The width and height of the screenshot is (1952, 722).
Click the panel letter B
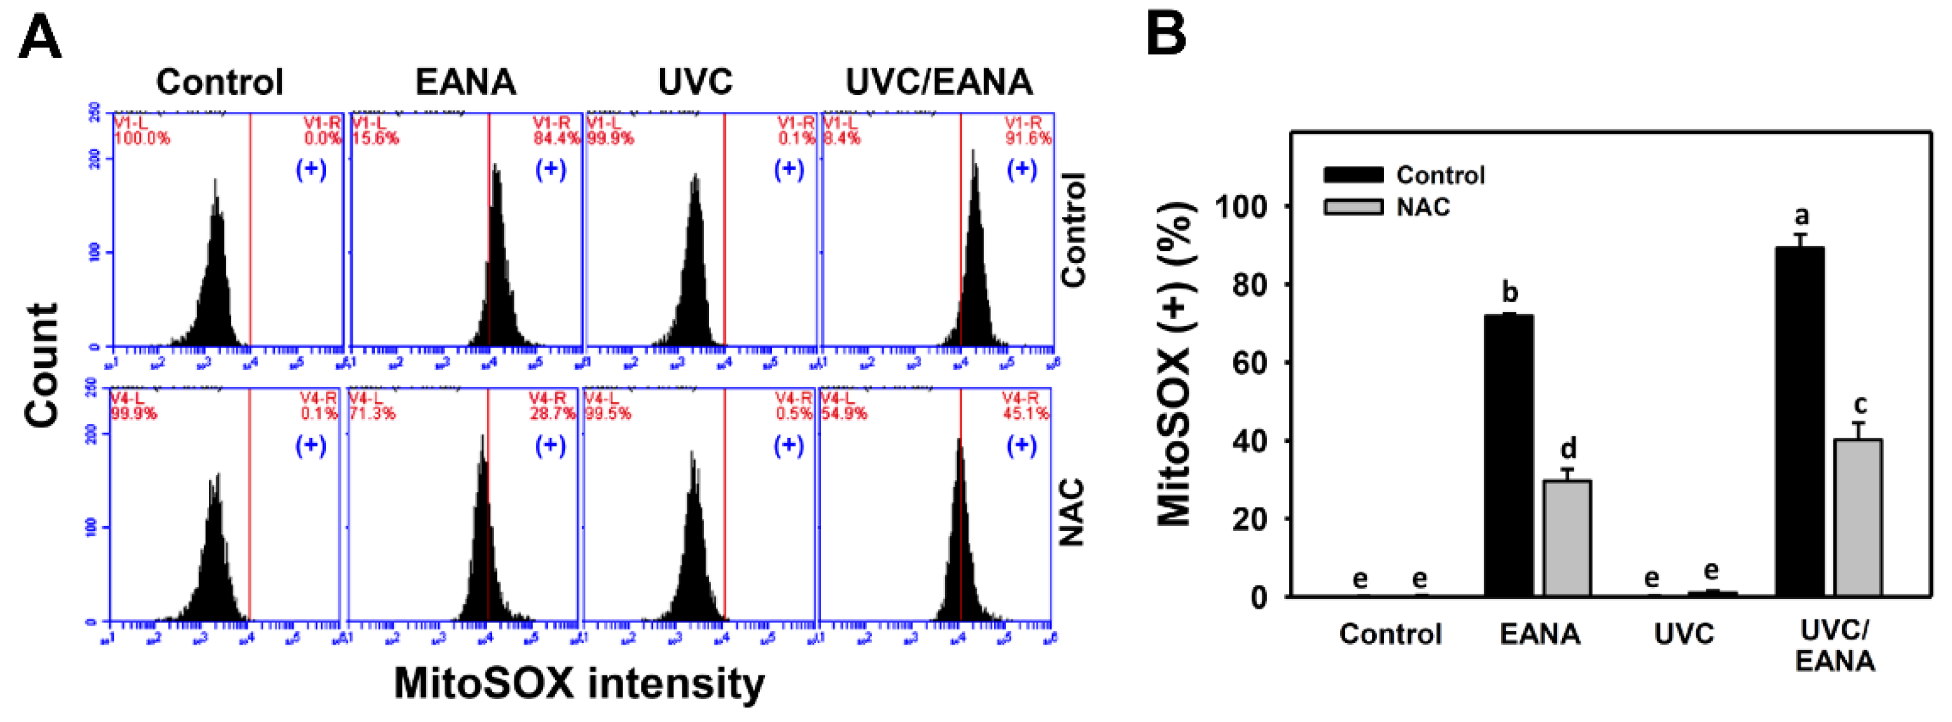pos(1166,35)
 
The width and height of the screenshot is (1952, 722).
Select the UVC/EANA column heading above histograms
pos(939,82)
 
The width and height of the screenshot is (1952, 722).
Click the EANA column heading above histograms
pos(465,82)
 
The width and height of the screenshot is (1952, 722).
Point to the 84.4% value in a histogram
pos(556,139)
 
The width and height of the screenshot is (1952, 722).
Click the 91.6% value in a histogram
pos(1028,139)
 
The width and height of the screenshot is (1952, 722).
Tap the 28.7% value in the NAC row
pos(552,414)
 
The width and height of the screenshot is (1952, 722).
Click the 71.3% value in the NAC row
pos(372,414)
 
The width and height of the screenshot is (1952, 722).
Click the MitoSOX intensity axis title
pos(579,683)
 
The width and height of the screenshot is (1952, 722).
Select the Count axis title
pos(42,365)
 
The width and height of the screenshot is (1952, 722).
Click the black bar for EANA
pos(1508,455)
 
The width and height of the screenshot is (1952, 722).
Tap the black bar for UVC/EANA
pos(1800,421)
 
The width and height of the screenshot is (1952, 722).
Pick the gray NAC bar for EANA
pos(1567,538)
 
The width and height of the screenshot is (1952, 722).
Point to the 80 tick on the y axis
pos(1250,285)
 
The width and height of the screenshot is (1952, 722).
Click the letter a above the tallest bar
pos(1802,216)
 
